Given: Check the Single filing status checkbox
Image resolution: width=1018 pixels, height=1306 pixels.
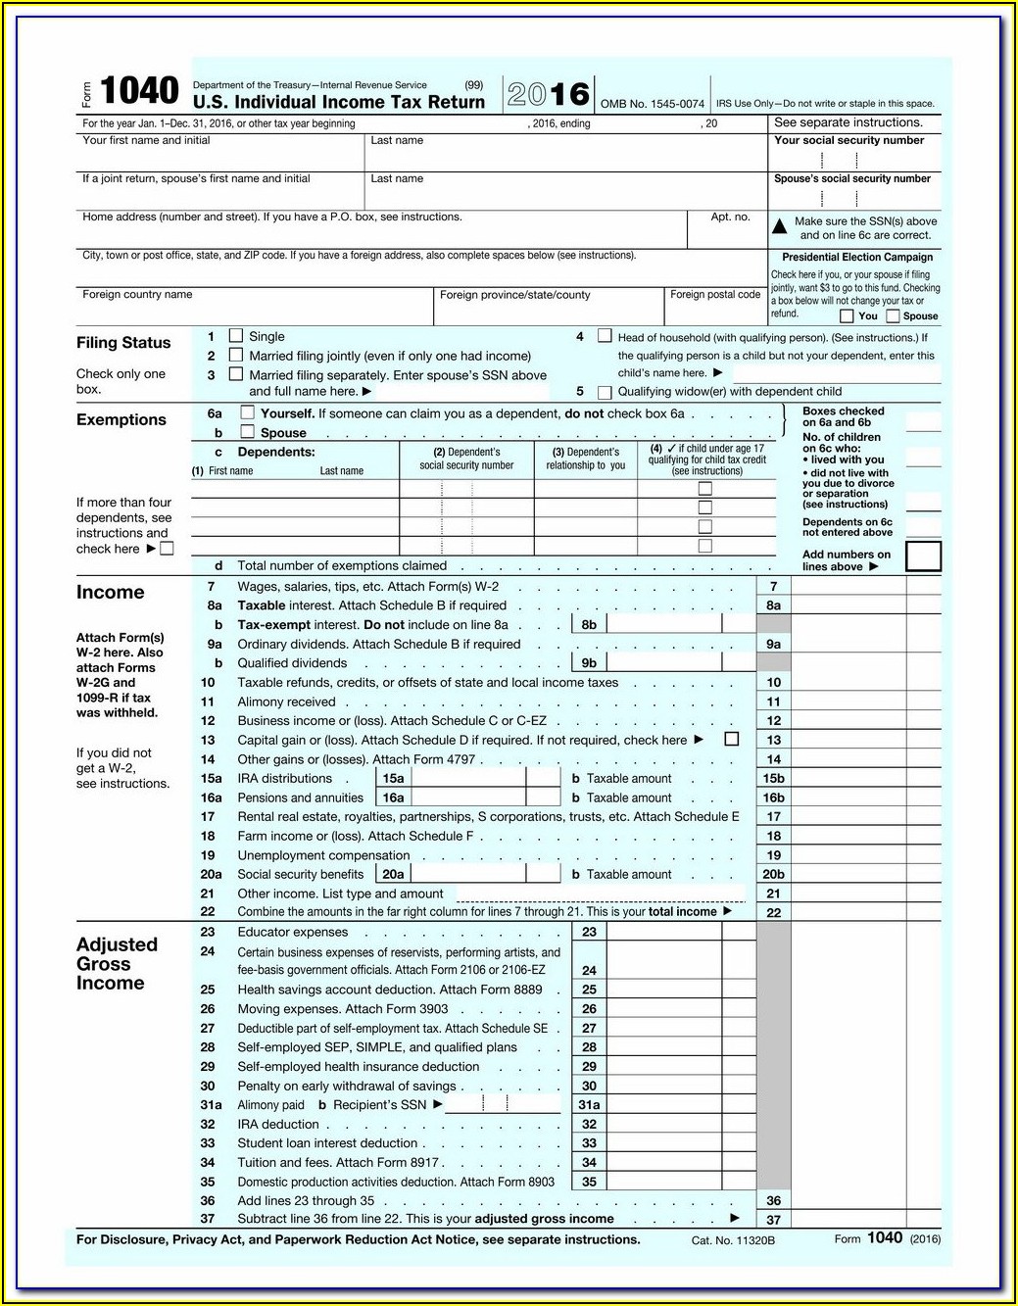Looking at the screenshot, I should [236, 335].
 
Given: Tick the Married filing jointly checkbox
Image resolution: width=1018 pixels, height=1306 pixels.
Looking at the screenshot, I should [236, 355].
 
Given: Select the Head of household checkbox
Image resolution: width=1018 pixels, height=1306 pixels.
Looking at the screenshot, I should [605, 336].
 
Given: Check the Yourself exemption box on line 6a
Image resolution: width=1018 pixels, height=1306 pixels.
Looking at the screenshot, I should [248, 412].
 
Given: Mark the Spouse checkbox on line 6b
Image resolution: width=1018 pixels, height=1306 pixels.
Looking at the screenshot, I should [248, 431].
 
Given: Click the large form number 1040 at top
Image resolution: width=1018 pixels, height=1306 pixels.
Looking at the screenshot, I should [139, 91].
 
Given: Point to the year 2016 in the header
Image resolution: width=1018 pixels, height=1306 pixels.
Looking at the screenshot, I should [549, 94].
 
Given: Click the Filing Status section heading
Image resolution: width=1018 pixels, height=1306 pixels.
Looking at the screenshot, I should [123, 343].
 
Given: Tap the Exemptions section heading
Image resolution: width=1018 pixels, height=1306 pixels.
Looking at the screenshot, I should [121, 419].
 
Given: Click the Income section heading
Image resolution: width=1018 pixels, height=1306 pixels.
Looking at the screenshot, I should [110, 592].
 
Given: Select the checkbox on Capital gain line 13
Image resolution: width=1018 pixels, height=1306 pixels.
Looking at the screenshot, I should [731, 739].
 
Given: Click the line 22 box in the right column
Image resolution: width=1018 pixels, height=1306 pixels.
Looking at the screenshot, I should [774, 912].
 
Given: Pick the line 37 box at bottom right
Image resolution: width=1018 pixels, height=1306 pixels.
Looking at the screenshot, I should [774, 1220].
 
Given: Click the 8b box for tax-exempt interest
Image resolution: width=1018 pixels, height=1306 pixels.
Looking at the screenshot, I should [589, 624].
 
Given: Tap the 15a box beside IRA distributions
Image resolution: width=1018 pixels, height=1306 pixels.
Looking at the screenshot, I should [393, 778].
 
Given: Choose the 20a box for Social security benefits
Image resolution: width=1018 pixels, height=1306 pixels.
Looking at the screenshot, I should [393, 874].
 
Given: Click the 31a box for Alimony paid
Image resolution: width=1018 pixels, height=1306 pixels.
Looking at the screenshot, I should [589, 1104].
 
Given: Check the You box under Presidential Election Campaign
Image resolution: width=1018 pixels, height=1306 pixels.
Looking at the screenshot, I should [847, 315].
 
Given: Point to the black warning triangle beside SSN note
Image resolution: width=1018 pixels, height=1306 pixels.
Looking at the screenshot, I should [780, 226].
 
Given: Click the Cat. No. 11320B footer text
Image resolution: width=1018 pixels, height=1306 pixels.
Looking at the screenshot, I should [733, 1240].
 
